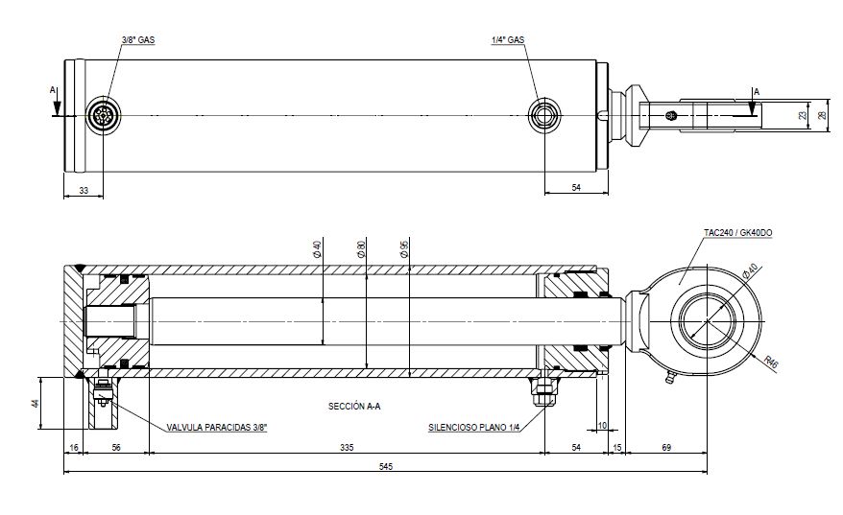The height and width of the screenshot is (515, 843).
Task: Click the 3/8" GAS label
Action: (x=138, y=40)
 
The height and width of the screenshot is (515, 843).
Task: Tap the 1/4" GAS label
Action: (x=506, y=40)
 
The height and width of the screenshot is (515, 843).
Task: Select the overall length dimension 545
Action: (x=385, y=466)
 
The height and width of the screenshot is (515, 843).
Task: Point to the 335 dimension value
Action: (x=347, y=447)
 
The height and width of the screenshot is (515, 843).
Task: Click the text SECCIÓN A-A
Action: (x=354, y=407)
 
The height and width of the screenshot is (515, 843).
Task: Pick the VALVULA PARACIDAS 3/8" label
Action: (x=216, y=428)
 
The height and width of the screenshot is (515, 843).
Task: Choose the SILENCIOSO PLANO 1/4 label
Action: (x=473, y=428)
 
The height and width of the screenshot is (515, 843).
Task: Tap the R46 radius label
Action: (x=771, y=363)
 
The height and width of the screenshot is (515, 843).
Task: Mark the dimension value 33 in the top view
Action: (x=84, y=191)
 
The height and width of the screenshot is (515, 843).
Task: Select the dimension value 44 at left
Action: (x=36, y=403)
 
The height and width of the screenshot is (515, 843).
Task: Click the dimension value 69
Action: (x=667, y=447)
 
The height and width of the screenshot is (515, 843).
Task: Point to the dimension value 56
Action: (x=116, y=447)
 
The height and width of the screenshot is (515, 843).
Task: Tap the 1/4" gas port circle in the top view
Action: (x=545, y=115)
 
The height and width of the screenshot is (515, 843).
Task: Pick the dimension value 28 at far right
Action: (x=822, y=115)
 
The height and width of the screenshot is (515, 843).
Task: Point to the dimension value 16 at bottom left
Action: (x=74, y=447)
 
